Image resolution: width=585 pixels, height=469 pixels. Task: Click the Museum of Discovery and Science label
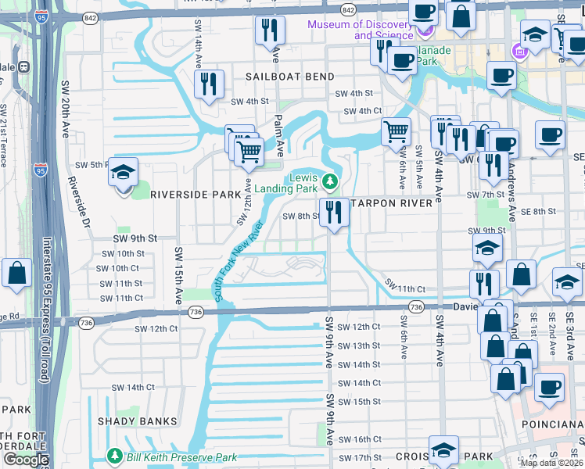coord(359,30)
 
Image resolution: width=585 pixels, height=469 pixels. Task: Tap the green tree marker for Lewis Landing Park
coord(330,183)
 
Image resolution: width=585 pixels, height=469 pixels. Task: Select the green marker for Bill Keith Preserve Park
coord(115,455)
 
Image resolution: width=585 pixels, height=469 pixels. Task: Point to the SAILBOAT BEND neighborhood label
coord(290,77)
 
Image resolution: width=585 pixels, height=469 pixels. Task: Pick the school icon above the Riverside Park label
coord(123,173)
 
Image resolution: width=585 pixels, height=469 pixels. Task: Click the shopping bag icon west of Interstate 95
coord(16,274)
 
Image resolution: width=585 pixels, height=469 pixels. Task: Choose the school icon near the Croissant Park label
coord(443,451)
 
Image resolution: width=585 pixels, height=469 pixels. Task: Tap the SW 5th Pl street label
coord(92,166)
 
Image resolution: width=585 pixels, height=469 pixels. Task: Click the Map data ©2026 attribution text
coord(551,463)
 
